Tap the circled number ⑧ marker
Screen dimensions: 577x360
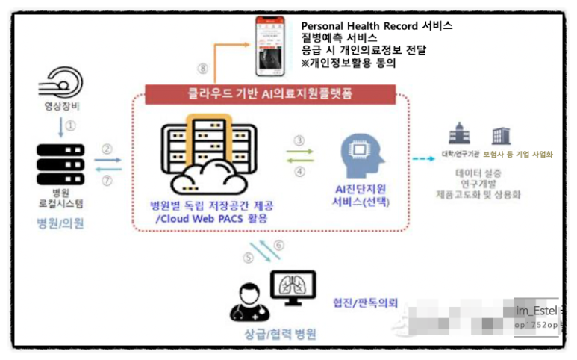[x=202, y=68]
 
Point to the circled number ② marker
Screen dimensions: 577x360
[x=107, y=148]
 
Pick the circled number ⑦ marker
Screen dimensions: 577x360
[x=107, y=181]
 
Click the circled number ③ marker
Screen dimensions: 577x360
[x=299, y=140]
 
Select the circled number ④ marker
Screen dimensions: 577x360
[x=299, y=171]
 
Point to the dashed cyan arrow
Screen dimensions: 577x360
[x=424, y=158]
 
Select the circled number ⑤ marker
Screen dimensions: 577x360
[x=249, y=259]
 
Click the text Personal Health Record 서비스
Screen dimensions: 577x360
[x=376, y=25]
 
